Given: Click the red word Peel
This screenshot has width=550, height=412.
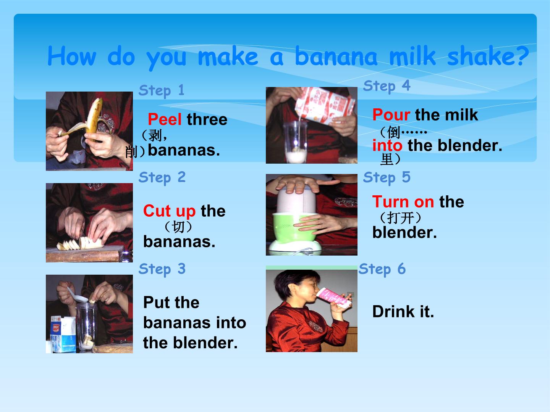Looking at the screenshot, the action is tap(165, 119).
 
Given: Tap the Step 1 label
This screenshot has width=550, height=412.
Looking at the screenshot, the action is tap(162, 91).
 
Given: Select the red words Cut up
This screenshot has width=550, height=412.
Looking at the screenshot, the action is tap(169, 211).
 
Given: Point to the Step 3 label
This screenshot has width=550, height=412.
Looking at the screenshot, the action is tap(162, 269).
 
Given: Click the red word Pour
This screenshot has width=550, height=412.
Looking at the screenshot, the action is tap(391, 114).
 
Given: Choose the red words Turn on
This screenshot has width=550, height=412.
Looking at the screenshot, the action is tap(403, 202).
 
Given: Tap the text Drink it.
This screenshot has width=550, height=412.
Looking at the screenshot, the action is tap(403, 311).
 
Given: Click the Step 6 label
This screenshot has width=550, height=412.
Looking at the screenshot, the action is tap(382, 269).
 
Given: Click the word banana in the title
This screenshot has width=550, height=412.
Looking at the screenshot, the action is tap(336, 56).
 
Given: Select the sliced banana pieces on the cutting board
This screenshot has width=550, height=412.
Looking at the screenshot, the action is tap(80, 243).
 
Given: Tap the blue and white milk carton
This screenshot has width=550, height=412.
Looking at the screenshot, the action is tap(63, 334).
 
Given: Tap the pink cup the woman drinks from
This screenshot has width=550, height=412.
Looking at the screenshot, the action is tap(333, 298).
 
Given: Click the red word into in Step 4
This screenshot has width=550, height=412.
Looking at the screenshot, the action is tap(387, 145).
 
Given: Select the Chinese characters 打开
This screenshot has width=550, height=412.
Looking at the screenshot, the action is tap(400, 217).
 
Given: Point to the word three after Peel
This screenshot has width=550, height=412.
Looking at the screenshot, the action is tap(207, 119).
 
